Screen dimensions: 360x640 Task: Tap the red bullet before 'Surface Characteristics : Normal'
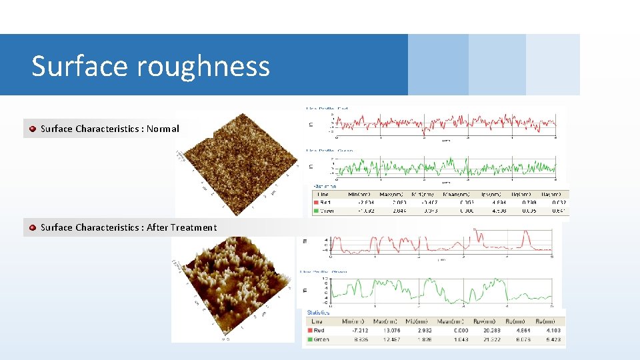(32, 129)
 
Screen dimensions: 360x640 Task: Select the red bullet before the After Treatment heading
(32, 227)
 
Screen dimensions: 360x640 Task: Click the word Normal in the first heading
(163, 129)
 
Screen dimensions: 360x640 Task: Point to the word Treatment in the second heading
(193, 227)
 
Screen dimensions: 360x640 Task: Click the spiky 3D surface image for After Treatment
(233, 287)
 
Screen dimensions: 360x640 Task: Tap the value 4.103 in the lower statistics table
(553, 330)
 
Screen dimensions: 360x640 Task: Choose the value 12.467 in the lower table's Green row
(389, 339)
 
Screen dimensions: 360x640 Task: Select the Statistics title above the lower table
(318, 312)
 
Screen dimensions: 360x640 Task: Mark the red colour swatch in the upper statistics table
(316, 202)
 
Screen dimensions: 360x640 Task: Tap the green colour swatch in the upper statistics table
(316, 211)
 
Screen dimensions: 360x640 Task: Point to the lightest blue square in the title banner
(553, 65)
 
